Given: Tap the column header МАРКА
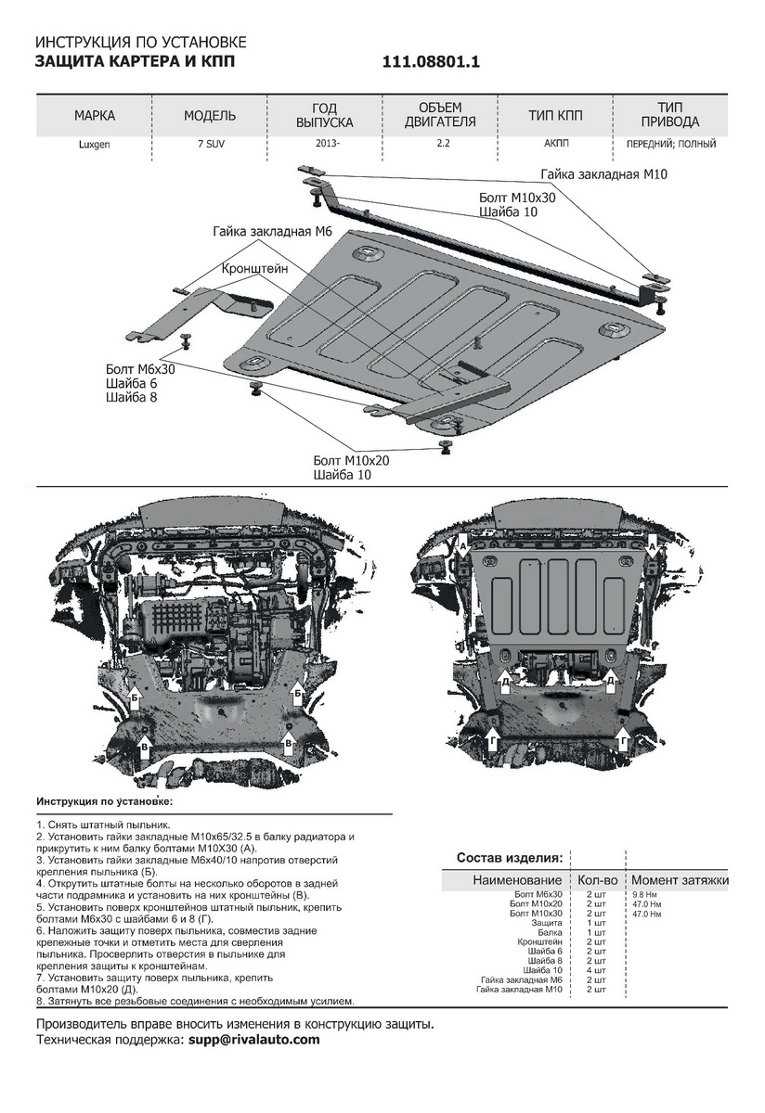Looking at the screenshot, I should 95,116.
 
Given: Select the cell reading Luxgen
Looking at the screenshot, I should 95,144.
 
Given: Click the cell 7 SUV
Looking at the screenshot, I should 210,144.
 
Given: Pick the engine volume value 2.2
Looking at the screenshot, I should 441,144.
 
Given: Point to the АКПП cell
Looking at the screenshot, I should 556,144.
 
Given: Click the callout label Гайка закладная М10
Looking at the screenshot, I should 604,173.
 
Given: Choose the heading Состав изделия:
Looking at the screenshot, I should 509,857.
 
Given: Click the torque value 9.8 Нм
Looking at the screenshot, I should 645,893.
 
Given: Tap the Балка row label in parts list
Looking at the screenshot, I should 549,932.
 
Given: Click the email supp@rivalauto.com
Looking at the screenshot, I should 253,1040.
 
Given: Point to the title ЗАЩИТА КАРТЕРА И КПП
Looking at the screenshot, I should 136,62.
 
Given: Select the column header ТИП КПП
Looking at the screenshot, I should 556,116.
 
